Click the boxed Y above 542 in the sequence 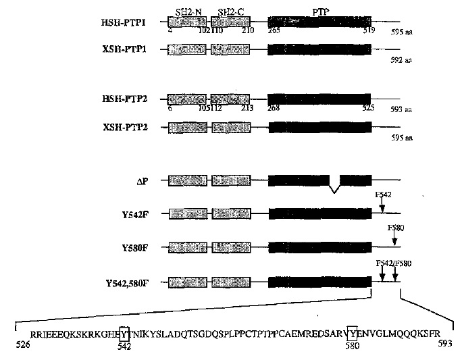(124, 333)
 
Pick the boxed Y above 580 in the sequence (352, 333)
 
